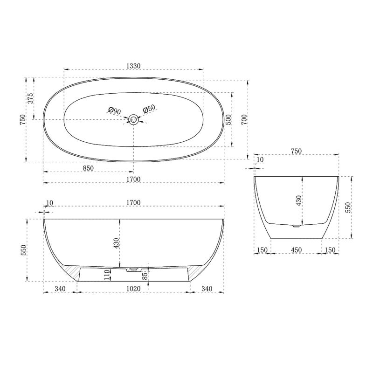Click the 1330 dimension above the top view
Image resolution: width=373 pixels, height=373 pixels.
[133, 66]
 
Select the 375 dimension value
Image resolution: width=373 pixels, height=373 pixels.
[31, 98]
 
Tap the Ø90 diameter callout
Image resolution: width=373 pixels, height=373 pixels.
[115, 111]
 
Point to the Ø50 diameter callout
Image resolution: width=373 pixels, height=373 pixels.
[149, 109]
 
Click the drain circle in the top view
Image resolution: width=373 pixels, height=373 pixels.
[134, 120]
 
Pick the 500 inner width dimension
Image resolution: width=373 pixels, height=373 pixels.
[228, 119]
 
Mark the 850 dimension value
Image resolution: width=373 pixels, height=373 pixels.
[89, 168]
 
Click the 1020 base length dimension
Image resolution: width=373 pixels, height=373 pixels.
[133, 289]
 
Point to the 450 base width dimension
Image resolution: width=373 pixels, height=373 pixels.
[296, 250]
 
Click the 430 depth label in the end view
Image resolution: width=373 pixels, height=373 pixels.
[299, 200]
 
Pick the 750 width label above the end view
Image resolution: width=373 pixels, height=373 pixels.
[296, 151]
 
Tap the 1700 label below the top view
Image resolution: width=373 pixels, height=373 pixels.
[133, 180]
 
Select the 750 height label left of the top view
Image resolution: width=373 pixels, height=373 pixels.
[22, 119]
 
